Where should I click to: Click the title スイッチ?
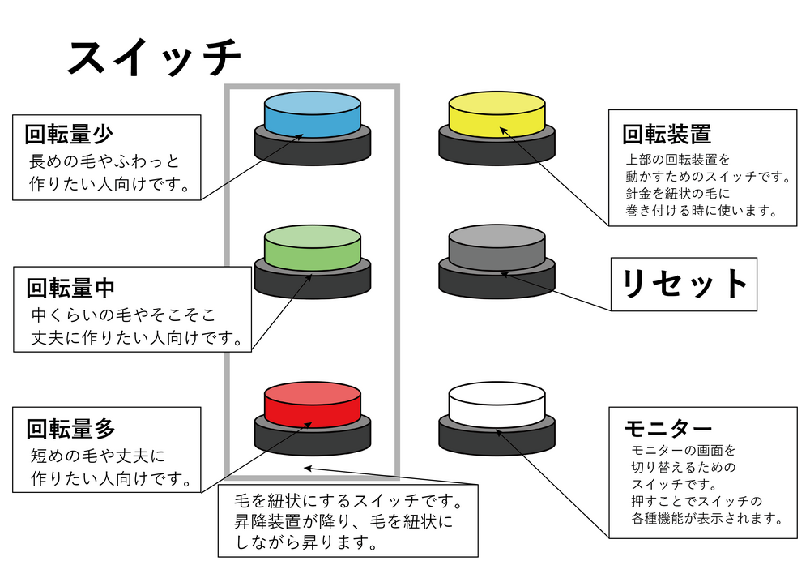tap(154, 58)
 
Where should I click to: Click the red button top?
tap(312, 401)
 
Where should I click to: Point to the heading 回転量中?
tap(70, 288)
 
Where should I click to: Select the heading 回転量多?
tap(70, 428)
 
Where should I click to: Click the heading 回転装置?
tap(667, 134)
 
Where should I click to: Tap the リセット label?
tap(684, 284)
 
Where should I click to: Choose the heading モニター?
tap(668, 428)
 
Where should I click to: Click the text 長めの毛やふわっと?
tap(104, 161)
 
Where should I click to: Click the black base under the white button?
tap(496, 442)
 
